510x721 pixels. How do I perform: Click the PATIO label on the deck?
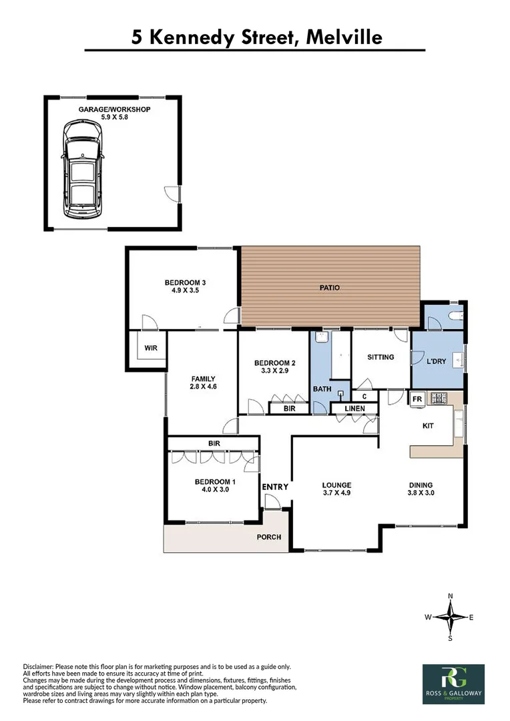tap(329, 288)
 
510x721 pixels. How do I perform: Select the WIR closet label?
tap(151, 348)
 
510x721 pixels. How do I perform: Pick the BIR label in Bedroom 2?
tap(289, 407)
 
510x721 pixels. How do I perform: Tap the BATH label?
tap(322, 389)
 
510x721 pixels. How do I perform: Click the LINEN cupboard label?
tap(354, 409)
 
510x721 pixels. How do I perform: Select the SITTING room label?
tap(380, 357)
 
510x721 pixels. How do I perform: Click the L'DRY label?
tap(435, 361)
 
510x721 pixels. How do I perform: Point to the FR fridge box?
tap(417, 399)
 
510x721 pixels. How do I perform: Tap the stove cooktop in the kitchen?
tap(440, 399)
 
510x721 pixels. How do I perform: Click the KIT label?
tap(428, 425)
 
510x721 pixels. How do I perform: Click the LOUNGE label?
tap(336, 485)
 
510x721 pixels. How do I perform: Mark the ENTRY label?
tap(274, 487)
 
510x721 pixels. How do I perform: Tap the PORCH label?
tap(270, 537)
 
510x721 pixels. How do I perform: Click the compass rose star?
tap(451, 617)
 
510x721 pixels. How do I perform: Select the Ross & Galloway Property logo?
tap(453, 684)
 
